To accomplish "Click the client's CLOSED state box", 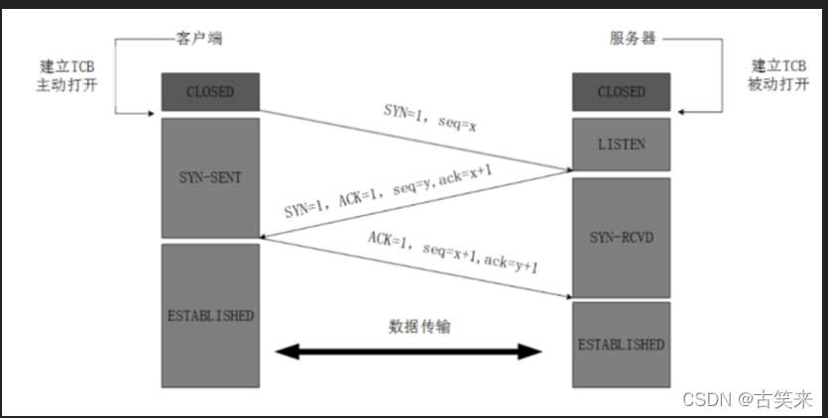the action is [210, 92].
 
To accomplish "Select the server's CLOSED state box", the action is [621, 92].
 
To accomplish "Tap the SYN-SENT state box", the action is [210, 177].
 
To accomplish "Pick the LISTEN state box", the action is [621, 144].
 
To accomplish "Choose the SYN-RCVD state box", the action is [621, 237].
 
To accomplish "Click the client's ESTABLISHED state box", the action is [210, 315].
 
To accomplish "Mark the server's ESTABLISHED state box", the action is [621, 344].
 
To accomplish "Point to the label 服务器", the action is [632, 39].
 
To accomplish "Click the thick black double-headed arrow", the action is [410, 351].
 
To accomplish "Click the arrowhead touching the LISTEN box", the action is [566, 168].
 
